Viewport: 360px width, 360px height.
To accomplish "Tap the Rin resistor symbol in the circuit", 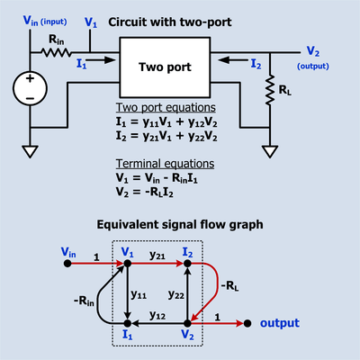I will [55, 53].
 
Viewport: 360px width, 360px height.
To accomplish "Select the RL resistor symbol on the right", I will [269, 92].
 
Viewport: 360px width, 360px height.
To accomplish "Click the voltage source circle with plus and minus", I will [32, 92].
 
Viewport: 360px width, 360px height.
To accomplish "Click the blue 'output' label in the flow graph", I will [281, 322].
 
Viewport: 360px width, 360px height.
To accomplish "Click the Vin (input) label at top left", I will [40, 21].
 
